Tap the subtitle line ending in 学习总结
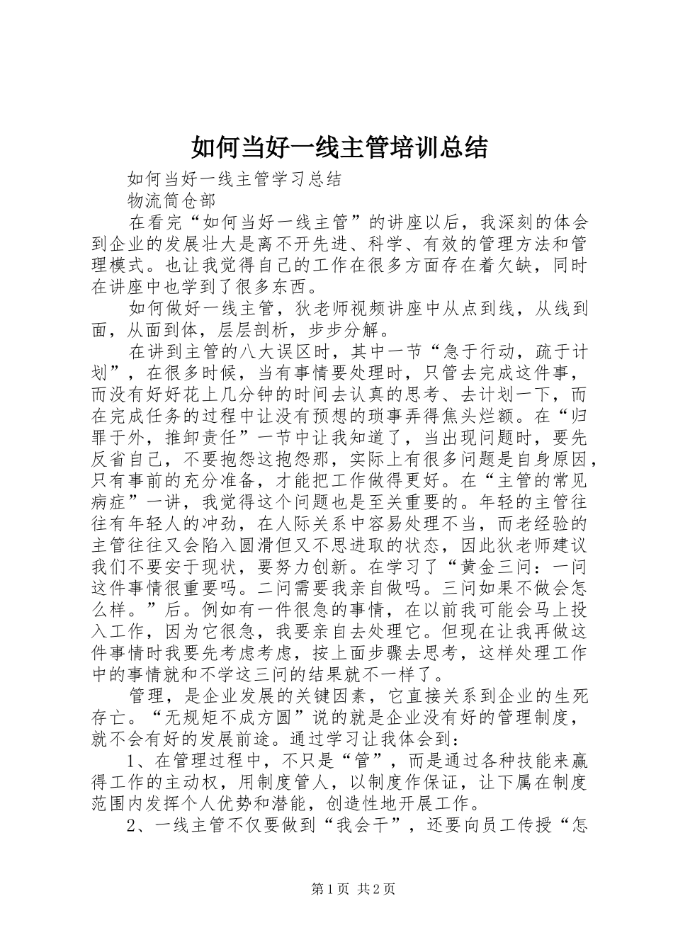[234, 178]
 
